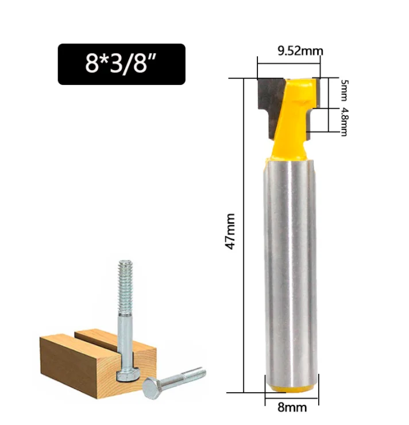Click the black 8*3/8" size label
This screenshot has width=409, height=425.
tap(121, 64)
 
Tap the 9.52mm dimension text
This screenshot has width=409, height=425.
tap(300, 51)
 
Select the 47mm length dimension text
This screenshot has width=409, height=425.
tap(230, 231)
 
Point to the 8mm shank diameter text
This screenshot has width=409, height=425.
tap(292, 407)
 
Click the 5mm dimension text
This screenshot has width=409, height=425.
tap(344, 90)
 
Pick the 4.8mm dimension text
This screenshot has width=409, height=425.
tap(344, 121)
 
